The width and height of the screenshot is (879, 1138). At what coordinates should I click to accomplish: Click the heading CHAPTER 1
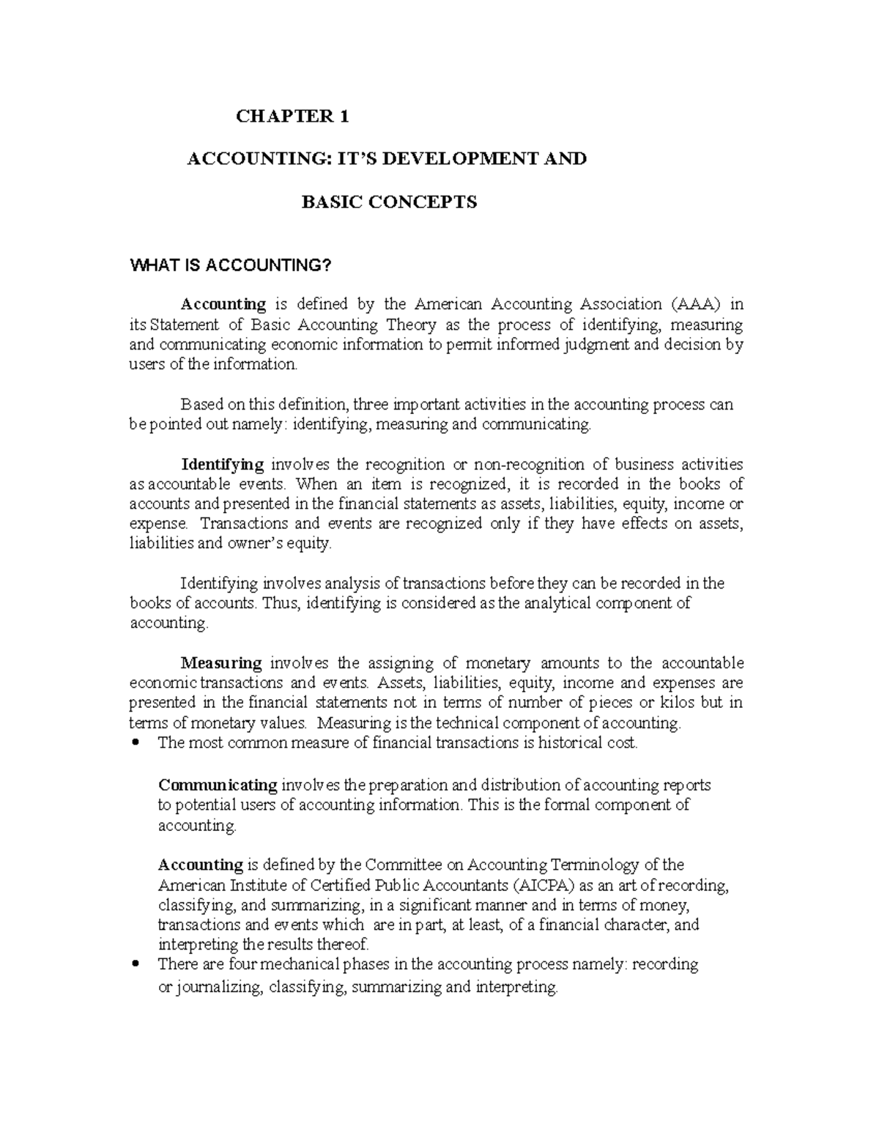[292, 116]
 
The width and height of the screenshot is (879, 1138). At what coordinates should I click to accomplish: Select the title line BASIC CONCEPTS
[389, 202]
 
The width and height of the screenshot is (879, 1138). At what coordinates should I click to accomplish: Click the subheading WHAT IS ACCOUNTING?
[231, 265]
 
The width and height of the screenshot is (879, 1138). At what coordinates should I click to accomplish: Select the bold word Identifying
[222, 465]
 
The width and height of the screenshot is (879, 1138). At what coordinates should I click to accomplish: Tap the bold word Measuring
[221, 663]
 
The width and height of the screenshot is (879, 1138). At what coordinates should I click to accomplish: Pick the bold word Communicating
[218, 786]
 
